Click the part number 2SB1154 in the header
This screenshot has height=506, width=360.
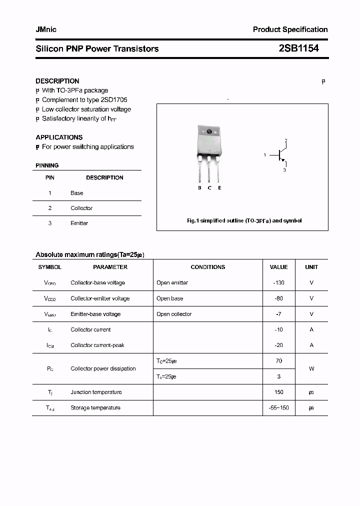[x=298, y=48]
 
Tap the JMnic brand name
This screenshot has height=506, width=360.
[x=46, y=29]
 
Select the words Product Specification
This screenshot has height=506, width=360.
[x=290, y=29]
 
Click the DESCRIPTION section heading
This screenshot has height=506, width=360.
[x=57, y=81]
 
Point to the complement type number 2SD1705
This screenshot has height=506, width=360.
[x=114, y=100]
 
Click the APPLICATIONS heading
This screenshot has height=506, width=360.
[x=59, y=137]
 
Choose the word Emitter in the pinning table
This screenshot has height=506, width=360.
[x=79, y=223]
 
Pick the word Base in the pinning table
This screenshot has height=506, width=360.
[x=77, y=193]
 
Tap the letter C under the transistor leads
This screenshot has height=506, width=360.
[x=209, y=187]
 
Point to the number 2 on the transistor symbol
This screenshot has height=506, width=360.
[x=285, y=140]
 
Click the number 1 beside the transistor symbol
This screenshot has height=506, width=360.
[x=264, y=155]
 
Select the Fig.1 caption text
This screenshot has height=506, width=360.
[x=244, y=220]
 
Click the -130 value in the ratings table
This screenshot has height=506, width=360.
[x=279, y=282]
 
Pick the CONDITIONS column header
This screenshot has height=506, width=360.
[x=208, y=267]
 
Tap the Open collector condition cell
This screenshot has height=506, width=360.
[x=174, y=314]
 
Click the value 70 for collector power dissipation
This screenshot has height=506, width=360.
[x=279, y=360]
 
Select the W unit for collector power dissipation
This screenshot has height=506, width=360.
[x=311, y=368]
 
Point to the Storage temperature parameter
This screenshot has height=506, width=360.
[x=95, y=407]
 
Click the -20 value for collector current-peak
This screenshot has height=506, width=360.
[x=279, y=345]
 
